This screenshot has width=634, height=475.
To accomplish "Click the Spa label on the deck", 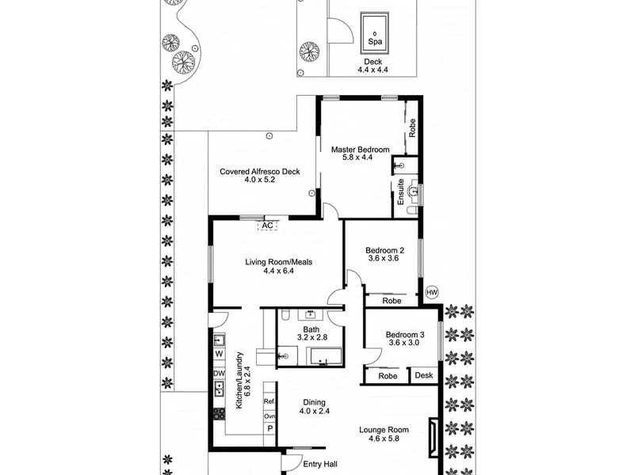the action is point(375,42).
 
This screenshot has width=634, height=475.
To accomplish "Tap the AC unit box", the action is point(267,226).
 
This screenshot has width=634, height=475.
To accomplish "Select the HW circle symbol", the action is point(432,292).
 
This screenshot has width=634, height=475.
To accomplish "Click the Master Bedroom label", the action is point(361,150).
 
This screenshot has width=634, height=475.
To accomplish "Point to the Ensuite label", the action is point(401,192).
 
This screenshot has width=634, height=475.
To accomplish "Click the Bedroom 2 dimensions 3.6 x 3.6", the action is point(384,259).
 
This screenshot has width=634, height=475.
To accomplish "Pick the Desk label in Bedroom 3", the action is point(424,375).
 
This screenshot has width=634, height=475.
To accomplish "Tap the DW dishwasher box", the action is point(219,373).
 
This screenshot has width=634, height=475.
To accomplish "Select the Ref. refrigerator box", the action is point(269,401).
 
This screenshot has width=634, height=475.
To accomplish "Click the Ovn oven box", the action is point(269,416).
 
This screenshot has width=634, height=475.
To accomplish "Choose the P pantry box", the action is point(269,428).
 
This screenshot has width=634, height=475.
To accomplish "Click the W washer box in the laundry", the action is point(219,354).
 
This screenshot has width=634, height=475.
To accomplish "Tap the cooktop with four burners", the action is point(219,413).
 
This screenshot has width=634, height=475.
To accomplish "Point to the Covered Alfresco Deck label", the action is point(260,172).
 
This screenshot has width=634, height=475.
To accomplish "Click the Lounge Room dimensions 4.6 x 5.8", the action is point(384,439).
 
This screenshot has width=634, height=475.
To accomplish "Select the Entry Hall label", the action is point(320,465).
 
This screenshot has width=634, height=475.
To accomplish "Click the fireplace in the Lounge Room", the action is point(433,438).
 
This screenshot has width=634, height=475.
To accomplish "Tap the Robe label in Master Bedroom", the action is point(412,127).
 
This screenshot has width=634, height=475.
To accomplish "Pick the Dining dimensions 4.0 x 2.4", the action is point(315,411).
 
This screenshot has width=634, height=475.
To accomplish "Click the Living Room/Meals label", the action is point(279,262).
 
